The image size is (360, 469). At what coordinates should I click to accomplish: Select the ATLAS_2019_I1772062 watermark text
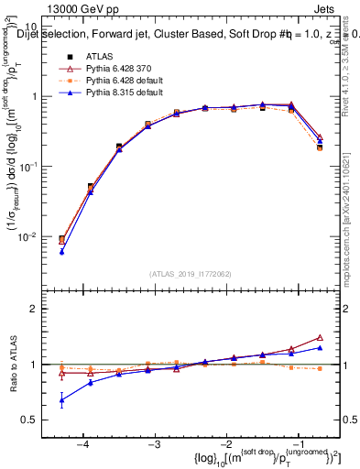coord(191,275)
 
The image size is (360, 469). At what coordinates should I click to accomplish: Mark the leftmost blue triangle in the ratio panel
coord(61,400)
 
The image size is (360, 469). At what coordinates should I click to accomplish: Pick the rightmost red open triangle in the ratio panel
coord(320,337)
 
